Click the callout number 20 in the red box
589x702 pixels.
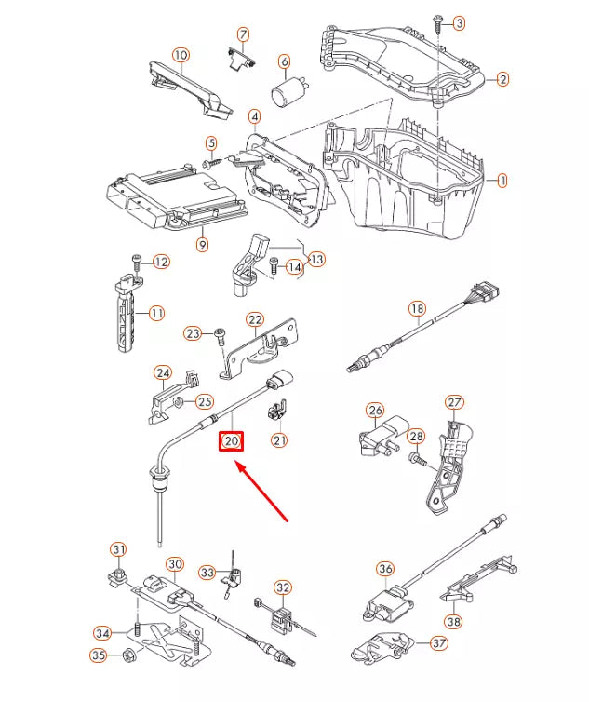pos(231,440)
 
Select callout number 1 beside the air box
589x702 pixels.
pos(502,180)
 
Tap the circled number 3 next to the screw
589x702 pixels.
pos(459,22)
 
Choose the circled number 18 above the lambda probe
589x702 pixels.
pos(417,309)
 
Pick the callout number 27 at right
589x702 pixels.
pos(453,402)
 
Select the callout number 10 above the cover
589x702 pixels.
pos(180,56)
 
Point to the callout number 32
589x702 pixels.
pos(283,587)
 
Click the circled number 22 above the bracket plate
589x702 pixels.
pos(255,320)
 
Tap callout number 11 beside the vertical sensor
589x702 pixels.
pos(156,313)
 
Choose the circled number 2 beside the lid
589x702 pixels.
pos(502,80)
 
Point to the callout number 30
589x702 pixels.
pos(175,564)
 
